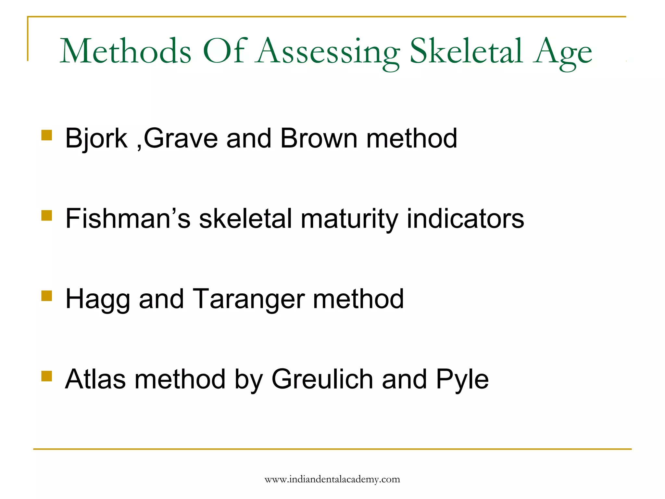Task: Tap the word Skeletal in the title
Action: [466, 51]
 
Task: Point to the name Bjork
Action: [96, 138]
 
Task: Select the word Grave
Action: [181, 138]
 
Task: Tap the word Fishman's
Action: [128, 218]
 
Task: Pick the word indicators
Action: [465, 218]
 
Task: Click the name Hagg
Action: [98, 300]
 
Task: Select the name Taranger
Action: [249, 300]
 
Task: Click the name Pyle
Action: [462, 380]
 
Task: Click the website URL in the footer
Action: [332, 480]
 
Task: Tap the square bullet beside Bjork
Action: [47, 135]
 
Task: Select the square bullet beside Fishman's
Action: [47, 215]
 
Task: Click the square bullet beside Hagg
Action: [47, 296]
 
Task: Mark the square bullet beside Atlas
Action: [47, 376]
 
